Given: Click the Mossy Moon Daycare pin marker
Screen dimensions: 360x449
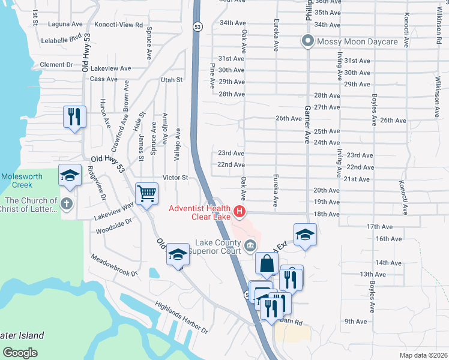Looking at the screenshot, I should [308, 41].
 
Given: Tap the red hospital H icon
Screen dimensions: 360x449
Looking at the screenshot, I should [240, 211].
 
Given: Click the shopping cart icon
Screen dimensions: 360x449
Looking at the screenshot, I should [146, 194].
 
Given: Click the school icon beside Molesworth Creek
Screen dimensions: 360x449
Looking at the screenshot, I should [70, 176].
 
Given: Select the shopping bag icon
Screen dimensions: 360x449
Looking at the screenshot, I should [267, 263].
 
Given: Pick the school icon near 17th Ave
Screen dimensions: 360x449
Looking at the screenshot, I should [305, 235].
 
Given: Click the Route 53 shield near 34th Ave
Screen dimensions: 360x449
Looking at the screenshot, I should [197, 26].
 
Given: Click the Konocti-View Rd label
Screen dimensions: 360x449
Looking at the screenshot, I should [122, 25].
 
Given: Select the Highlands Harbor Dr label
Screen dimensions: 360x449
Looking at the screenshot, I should [181, 318].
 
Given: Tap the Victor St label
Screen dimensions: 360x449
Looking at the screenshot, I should [175, 178].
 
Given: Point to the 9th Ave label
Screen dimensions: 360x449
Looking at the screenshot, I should [355, 322].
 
